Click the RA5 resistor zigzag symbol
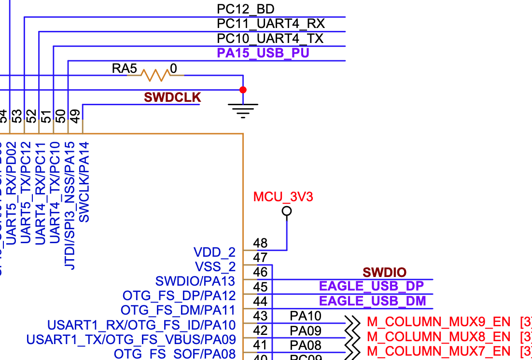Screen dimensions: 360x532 [x=155, y=75]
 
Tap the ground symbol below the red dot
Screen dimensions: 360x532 [x=243, y=111]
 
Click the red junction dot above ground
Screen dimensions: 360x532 [x=243, y=90]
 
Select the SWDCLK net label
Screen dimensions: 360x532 [x=172, y=97]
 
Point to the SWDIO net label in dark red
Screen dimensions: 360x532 [x=384, y=273]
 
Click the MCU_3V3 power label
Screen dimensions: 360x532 [x=283, y=197]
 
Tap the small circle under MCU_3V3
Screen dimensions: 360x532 [x=287, y=211]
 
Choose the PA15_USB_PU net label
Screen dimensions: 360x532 [x=263, y=53]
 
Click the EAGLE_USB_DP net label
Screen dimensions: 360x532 [x=371, y=287]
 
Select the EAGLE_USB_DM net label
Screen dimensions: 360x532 [x=372, y=302]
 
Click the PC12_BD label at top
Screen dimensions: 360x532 [x=246, y=9]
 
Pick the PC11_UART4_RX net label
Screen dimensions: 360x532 [x=270, y=24]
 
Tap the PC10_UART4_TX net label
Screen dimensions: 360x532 [x=270, y=39]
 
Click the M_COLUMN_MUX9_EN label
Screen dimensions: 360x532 [x=438, y=322]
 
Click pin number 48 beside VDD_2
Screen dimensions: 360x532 [x=260, y=243]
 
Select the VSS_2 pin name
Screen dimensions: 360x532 [x=215, y=267]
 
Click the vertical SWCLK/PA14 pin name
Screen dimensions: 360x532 [x=84, y=182]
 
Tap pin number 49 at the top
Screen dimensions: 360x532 [x=75, y=116]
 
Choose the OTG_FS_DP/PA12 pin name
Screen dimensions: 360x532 [x=179, y=295]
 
